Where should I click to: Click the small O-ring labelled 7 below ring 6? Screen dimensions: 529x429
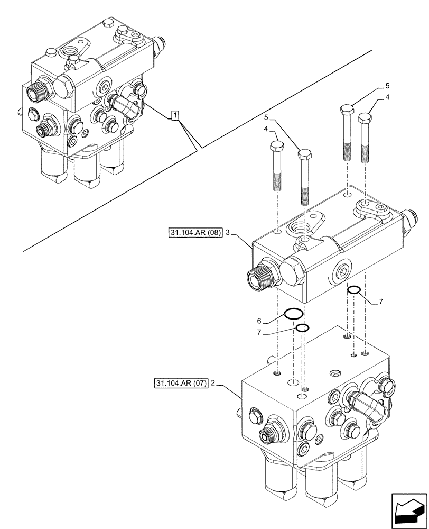click(x=301, y=329)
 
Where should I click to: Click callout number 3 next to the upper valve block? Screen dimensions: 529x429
click(x=227, y=232)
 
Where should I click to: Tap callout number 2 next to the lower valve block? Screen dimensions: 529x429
click(x=212, y=382)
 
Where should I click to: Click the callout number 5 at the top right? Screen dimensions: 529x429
click(x=387, y=85)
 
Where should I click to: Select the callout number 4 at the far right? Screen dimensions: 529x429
click(x=387, y=98)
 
